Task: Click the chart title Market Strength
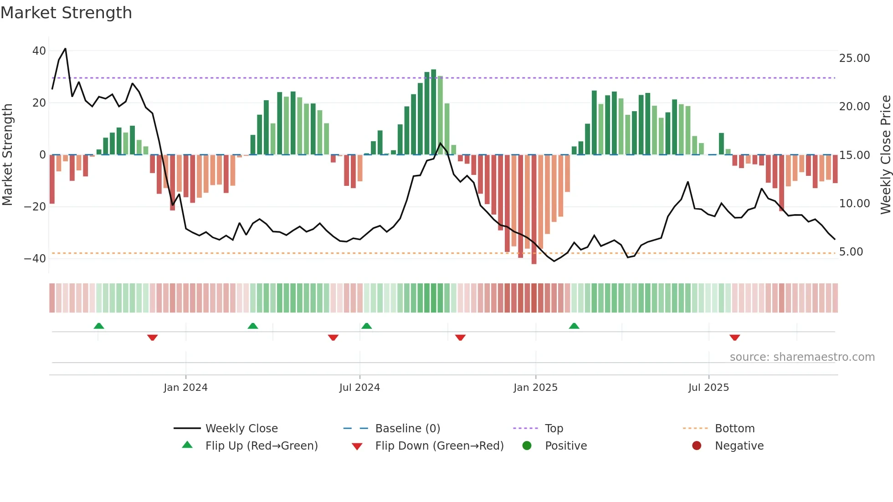pyautogui.click(x=66, y=13)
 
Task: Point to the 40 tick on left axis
pyautogui.click(x=39, y=51)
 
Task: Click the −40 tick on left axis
pyautogui.click(x=35, y=259)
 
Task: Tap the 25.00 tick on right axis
pyautogui.click(x=854, y=58)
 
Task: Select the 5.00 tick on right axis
pyautogui.click(x=851, y=252)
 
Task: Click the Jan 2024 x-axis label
pyautogui.click(x=185, y=388)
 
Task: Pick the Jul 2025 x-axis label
pyautogui.click(x=708, y=388)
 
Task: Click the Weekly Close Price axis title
pyautogui.click(x=885, y=155)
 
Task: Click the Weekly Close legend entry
pyautogui.click(x=241, y=429)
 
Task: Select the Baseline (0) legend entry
pyautogui.click(x=407, y=429)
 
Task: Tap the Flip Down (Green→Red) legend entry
pyautogui.click(x=439, y=446)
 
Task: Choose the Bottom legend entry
pyautogui.click(x=734, y=429)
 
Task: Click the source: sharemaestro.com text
pyautogui.click(x=802, y=357)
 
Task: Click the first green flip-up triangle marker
pyautogui.click(x=99, y=326)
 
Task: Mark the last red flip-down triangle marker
pyautogui.click(x=734, y=338)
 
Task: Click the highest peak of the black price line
pyautogui.click(x=65, y=49)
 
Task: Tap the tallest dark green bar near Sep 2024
pyautogui.click(x=433, y=112)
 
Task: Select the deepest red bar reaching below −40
pyautogui.click(x=534, y=210)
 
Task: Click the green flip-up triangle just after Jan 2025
pyautogui.click(x=574, y=326)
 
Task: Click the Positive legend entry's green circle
pyautogui.click(x=527, y=446)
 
